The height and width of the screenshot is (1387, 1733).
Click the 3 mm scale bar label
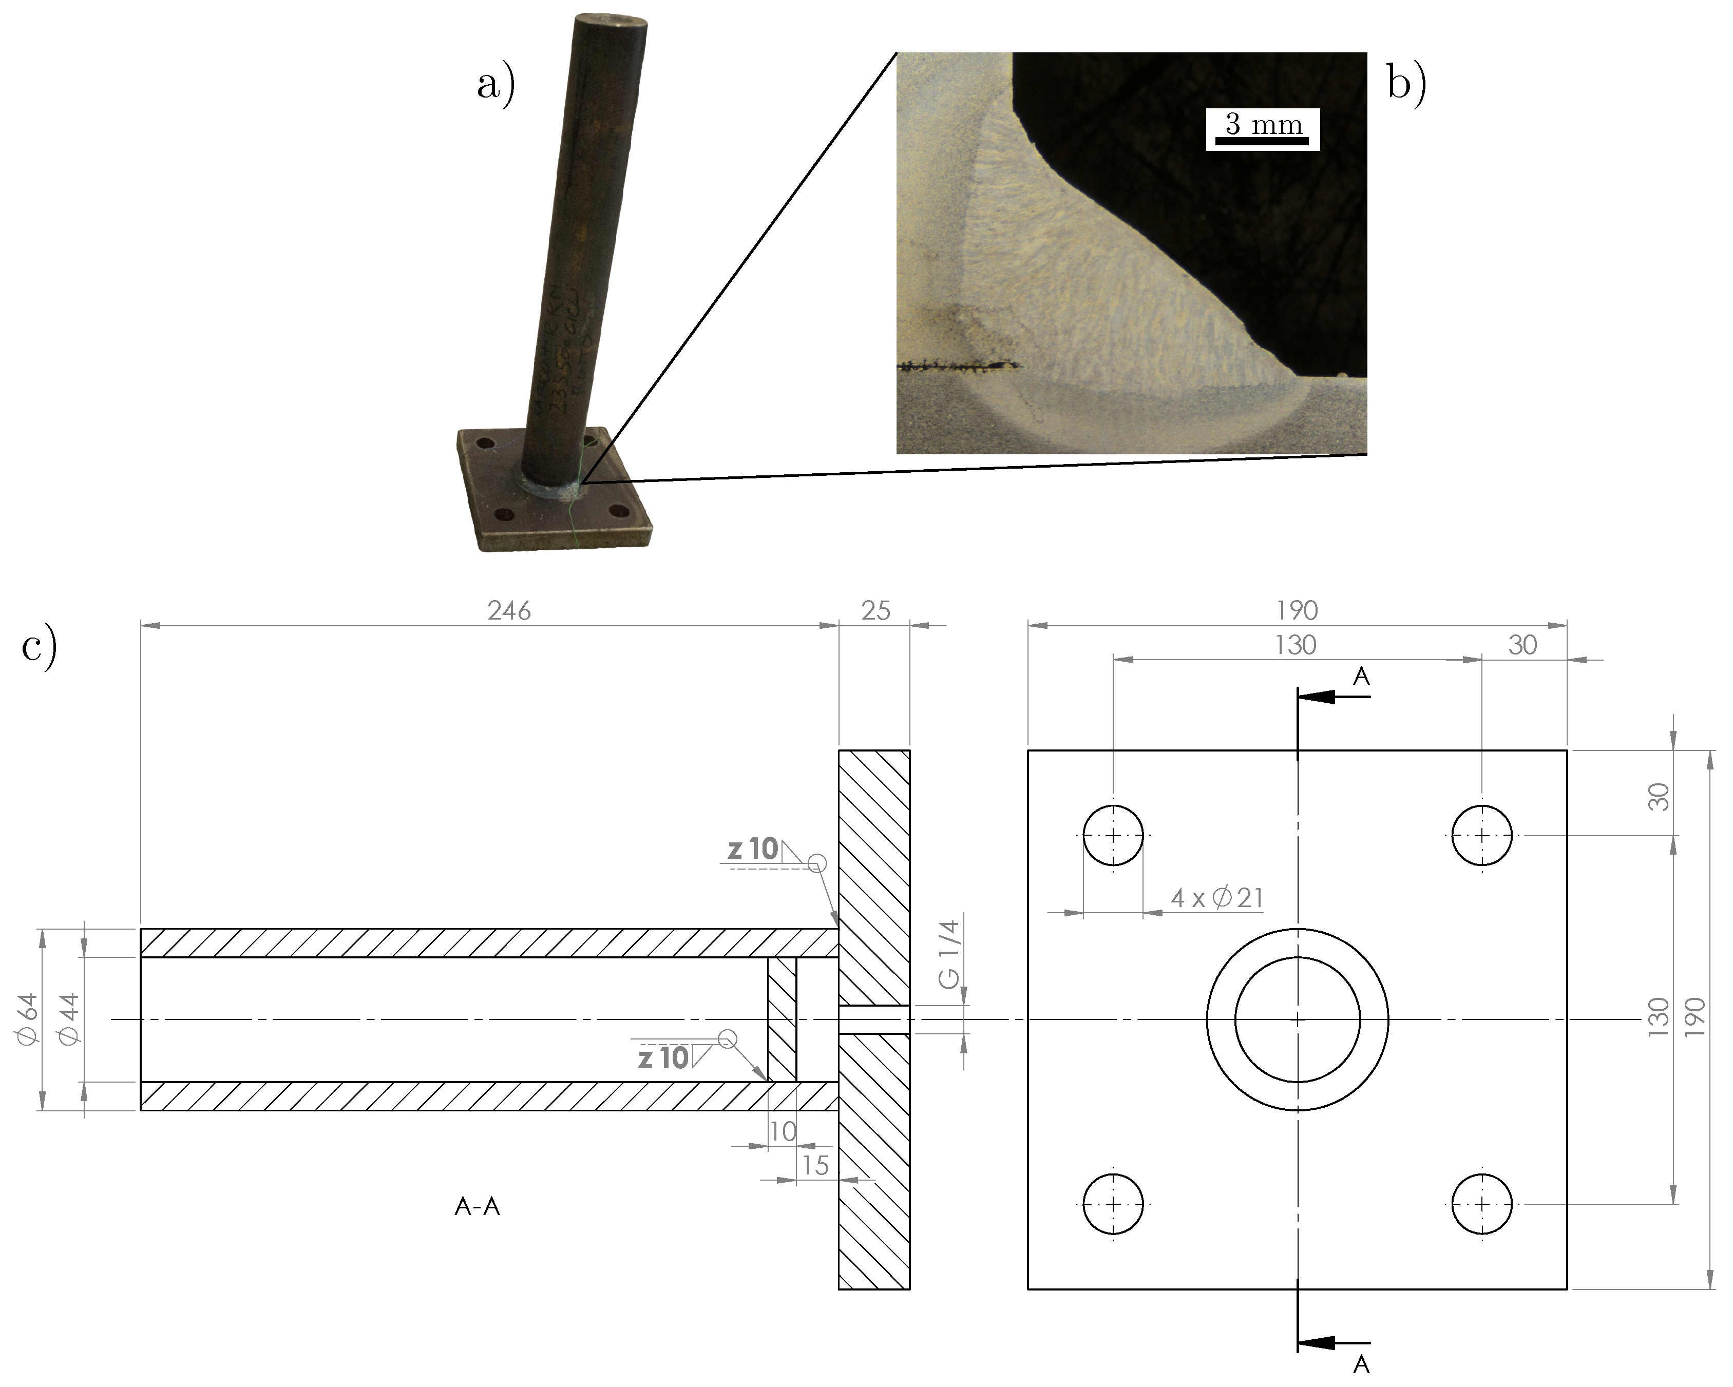pyautogui.click(x=1263, y=125)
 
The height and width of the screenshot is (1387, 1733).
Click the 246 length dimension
pyautogui.click(x=509, y=611)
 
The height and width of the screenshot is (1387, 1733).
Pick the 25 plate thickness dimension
pyautogui.click(x=875, y=611)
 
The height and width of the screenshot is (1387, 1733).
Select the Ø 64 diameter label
pyautogui.click(x=27, y=1019)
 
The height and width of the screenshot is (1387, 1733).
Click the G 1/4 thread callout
pyautogui.click(x=949, y=955)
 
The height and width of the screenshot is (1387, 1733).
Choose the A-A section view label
pyautogui.click(x=478, y=1207)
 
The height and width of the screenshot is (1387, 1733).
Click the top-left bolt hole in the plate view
pyautogui.click(x=1113, y=836)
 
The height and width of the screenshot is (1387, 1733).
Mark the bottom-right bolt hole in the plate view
pyautogui.click(x=1482, y=1204)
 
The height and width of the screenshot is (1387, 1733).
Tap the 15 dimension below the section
pyautogui.click(x=815, y=1165)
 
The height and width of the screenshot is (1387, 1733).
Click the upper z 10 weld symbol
pyautogui.click(x=754, y=850)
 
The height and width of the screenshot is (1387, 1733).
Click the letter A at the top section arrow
pyautogui.click(x=1361, y=677)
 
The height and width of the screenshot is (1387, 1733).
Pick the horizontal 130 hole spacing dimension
pyautogui.click(x=1296, y=645)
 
